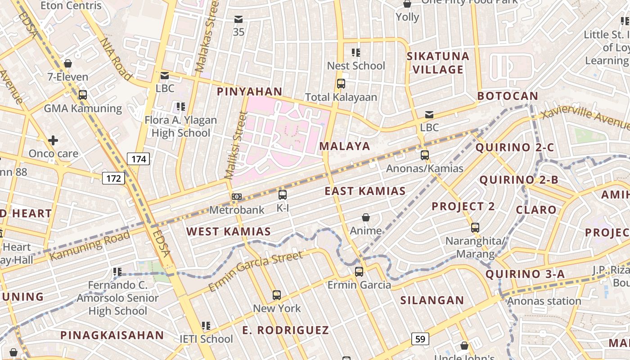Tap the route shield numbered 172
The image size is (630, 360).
113,178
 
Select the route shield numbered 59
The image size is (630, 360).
420,338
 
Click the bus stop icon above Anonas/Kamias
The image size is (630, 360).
425,155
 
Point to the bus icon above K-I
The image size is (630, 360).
283,195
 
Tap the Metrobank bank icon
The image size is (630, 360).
237,197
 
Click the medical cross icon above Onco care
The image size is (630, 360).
53,140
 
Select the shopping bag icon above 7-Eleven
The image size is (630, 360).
68,63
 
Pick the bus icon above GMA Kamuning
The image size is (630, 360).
83,95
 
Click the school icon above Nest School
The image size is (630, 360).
356,53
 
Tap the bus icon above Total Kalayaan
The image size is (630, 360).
341,84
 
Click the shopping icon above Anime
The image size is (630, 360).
366,218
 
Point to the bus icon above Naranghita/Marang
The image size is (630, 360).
475,228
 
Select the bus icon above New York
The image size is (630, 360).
277,295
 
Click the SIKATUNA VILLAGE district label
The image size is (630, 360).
438,63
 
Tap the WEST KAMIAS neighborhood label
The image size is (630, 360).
229,232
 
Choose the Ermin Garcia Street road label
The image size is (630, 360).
256,271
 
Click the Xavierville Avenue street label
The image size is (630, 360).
585,118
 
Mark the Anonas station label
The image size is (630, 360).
544,301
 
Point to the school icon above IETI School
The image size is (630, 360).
206,325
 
